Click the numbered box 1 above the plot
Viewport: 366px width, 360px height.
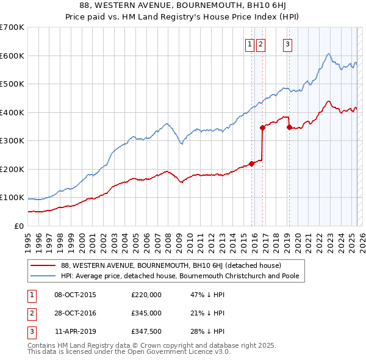tap(250, 43)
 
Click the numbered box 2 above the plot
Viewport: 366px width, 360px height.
tap(261, 43)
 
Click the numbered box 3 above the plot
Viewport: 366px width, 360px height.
tap(287, 43)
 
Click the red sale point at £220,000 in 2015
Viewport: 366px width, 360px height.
tap(251, 164)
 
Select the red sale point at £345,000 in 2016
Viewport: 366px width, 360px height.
tap(262, 128)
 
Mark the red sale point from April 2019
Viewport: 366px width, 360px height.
tap(289, 128)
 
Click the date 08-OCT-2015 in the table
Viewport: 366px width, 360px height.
tap(75, 295)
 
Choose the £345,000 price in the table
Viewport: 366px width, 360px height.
tap(146, 313)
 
